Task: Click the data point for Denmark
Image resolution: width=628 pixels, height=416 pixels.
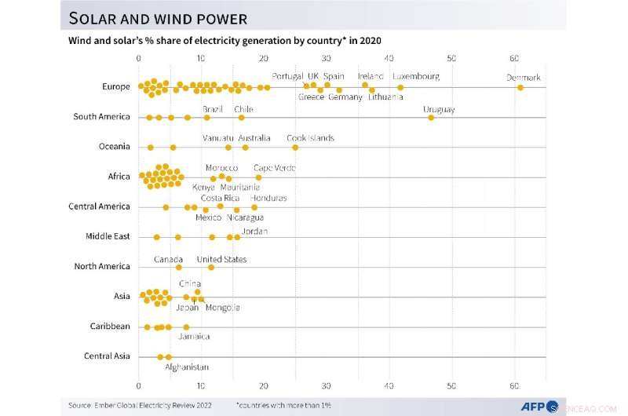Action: coord(520,88)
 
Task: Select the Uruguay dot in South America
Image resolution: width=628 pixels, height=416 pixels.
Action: coord(430,117)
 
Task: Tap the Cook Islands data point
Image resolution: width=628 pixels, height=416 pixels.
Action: coord(295,147)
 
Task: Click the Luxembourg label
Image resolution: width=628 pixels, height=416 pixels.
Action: coord(415,76)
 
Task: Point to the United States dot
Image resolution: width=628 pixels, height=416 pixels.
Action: coord(211,268)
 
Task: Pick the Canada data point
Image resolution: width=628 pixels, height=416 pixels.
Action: coord(178,268)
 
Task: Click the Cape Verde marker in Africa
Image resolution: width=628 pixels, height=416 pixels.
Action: coord(258,177)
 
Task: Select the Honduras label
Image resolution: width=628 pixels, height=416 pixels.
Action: coord(268,199)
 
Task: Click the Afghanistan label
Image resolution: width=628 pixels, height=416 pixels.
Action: coord(187,367)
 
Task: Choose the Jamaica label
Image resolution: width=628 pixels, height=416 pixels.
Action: coord(194,337)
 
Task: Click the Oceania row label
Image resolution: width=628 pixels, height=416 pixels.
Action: coord(114,147)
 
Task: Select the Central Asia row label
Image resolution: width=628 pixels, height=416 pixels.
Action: coord(107,356)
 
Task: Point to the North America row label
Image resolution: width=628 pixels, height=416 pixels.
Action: coord(102,267)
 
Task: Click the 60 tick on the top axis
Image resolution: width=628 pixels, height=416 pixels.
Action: coord(514,59)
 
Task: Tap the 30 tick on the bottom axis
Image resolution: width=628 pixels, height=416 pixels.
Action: coord(327,387)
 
